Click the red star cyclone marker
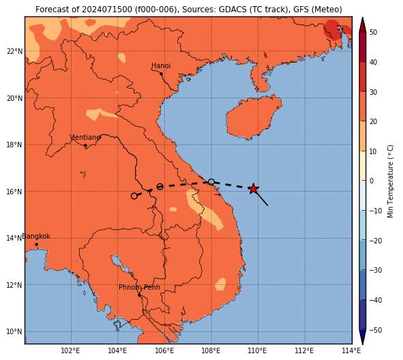pyautogui.click(x=254, y=189)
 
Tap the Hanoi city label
pyautogui.click(x=161, y=65)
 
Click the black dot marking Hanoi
pyautogui.click(x=161, y=74)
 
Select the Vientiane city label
pyautogui.click(x=85, y=138)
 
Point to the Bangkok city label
pyautogui.click(x=36, y=236)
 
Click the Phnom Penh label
pyautogui.click(x=139, y=287)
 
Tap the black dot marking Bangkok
pyautogui.click(x=37, y=244)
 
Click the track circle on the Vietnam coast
pyautogui.click(x=211, y=182)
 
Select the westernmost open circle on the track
pyautogui.click(x=134, y=196)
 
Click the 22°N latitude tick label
pyautogui.click(x=14, y=51)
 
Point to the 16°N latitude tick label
pyautogui.click(x=14, y=192)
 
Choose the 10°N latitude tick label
pyautogui.click(x=14, y=332)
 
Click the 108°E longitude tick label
pyautogui.click(x=211, y=350)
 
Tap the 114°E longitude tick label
pyautogui.click(x=351, y=350)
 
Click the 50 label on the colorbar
pyautogui.click(x=373, y=32)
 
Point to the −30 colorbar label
pyautogui.click(x=376, y=270)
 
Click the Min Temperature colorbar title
pyautogui.click(x=390, y=181)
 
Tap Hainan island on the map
pyautogui.click(x=253, y=117)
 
